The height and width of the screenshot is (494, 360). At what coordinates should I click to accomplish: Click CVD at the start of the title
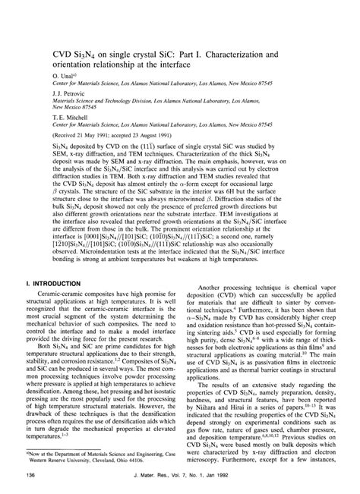point(41,33)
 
